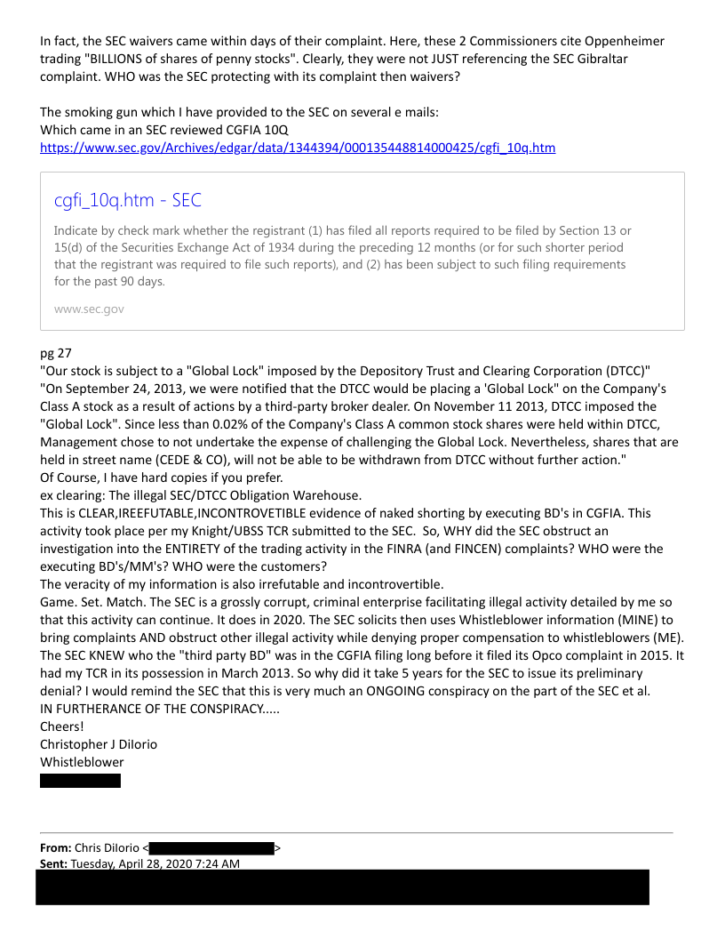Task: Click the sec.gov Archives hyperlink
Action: coord(298,148)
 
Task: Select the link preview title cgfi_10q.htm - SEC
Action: coord(128,201)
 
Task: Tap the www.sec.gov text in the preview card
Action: coord(89,309)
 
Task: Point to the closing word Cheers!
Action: coord(62,726)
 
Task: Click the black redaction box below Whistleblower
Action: coord(80,781)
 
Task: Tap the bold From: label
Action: coord(55,848)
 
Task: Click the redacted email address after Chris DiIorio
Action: coord(211,848)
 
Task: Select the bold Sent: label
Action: coord(53,863)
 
